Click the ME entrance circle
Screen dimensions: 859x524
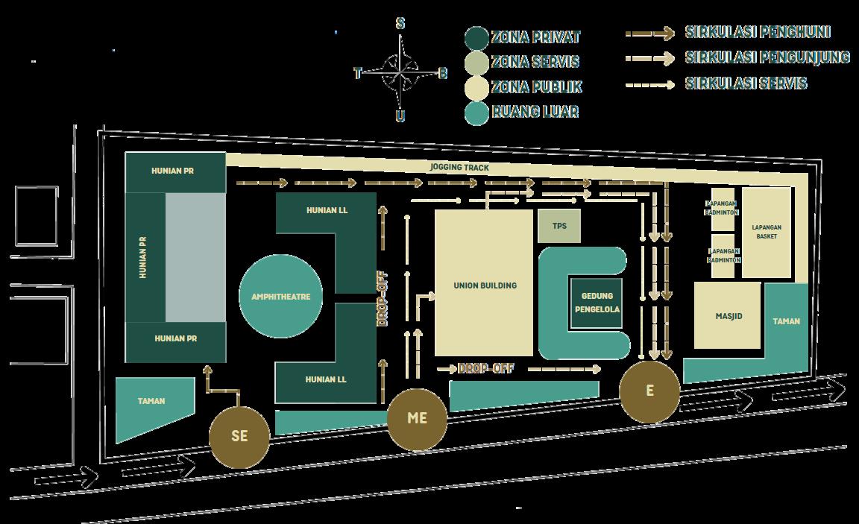418,419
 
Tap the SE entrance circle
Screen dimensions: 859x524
239,437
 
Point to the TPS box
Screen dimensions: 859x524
559,226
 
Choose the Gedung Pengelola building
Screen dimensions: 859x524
597,303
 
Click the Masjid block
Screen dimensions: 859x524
728,316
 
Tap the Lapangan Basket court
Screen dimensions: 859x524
766,231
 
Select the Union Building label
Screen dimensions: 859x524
485,285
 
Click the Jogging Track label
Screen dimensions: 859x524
459,168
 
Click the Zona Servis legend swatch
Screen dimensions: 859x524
476,63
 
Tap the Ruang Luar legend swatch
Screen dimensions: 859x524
476,113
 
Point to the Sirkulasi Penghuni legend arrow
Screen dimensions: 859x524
649,34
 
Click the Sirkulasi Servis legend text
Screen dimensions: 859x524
746,83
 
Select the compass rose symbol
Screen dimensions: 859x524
400,72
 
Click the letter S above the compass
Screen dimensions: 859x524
400,24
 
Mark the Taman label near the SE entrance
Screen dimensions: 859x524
151,401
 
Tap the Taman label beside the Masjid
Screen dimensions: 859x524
787,321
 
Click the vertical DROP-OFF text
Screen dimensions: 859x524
383,298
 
